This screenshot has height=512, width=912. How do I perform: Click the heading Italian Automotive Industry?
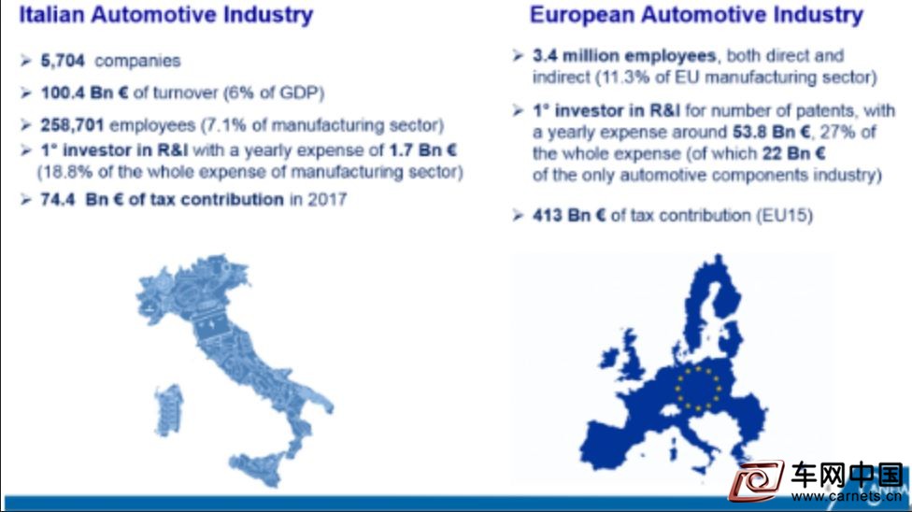166,15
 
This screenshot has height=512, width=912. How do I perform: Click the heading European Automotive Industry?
697,15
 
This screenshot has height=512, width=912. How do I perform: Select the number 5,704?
63,61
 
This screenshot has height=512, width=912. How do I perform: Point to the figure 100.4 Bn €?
84,92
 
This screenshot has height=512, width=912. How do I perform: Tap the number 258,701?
72,125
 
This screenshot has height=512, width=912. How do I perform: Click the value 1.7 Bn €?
423,150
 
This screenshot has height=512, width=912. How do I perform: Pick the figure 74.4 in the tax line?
58,200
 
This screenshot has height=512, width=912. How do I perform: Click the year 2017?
327,200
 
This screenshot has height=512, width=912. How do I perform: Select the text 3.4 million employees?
624,56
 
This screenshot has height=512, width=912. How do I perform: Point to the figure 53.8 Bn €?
771,132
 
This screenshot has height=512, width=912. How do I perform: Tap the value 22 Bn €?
794,153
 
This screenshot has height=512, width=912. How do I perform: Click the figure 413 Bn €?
569,215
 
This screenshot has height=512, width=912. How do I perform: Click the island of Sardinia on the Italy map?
169,410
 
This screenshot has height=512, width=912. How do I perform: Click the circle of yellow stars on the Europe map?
698,388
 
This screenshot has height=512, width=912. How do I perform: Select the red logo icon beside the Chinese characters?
757,480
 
